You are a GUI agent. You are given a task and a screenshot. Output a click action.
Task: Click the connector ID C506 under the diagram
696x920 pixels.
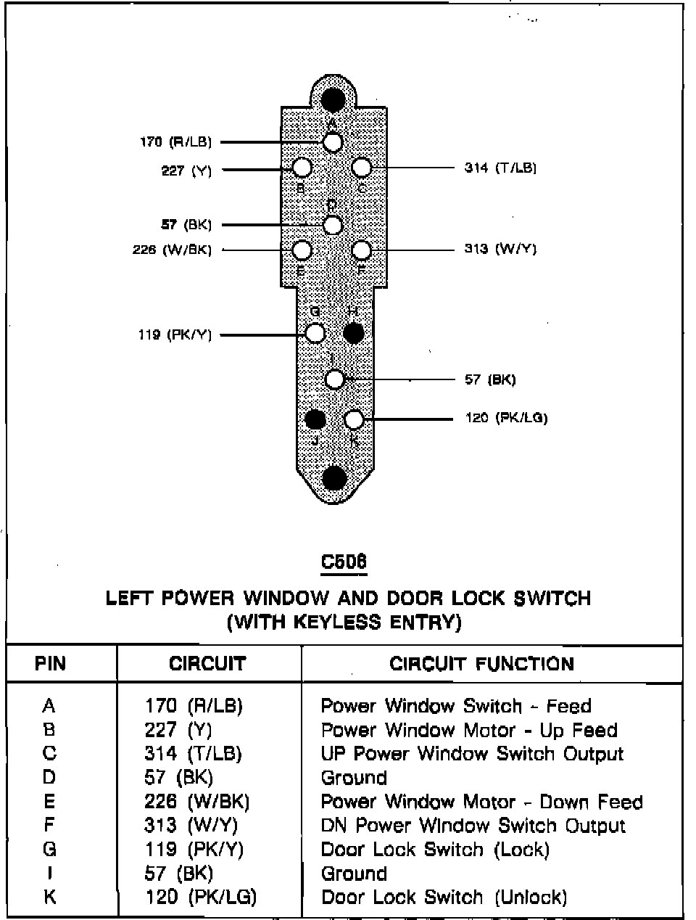click(344, 562)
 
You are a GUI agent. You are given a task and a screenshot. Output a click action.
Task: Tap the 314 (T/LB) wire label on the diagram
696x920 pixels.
click(500, 168)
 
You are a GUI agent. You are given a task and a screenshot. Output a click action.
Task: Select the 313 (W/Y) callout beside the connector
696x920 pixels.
click(500, 250)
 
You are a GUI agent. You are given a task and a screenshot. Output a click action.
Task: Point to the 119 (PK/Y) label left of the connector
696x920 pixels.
click(175, 335)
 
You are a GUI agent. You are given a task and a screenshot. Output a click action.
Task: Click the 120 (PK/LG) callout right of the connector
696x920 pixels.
click(506, 418)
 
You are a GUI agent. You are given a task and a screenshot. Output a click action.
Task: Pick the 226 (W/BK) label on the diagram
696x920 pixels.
click(172, 250)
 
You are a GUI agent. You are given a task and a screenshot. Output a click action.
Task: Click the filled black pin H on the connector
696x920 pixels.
click(353, 333)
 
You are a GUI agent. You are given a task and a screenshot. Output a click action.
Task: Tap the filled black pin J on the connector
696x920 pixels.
click(315, 419)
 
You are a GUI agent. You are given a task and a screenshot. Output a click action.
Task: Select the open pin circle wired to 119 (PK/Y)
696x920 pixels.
click(315, 333)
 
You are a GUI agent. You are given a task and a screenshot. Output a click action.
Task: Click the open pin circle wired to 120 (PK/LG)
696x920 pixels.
click(353, 419)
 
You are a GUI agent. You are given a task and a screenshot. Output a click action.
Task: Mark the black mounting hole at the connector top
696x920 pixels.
click(333, 99)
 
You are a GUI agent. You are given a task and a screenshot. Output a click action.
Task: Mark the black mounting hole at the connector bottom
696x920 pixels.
click(334, 477)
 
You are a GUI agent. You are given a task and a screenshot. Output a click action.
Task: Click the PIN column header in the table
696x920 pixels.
click(50, 664)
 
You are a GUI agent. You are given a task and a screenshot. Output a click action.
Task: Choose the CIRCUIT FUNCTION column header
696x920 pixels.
click(481, 664)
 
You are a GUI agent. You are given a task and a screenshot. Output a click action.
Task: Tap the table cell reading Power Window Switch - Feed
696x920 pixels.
click(456, 706)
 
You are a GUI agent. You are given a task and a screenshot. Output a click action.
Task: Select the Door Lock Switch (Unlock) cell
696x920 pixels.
click(444, 898)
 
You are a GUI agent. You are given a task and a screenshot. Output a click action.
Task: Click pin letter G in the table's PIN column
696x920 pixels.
click(49, 850)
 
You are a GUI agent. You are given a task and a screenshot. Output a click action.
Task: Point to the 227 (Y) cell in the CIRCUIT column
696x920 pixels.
click(178, 730)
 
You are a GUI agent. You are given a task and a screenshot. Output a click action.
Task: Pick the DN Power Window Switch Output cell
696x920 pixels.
click(473, 826)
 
